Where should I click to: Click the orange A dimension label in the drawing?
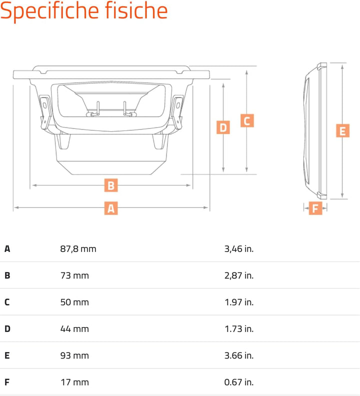coord(111,208)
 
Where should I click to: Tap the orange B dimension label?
coord(111,185)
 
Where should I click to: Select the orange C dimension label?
coord(247,120)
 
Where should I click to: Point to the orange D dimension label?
coord(223,127)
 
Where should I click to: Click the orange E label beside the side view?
coord(342,131)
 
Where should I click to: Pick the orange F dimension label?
coord(315,208)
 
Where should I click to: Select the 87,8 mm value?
coord(78,249)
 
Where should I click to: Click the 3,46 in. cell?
coord(239,249)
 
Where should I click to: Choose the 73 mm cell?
coord(75,275)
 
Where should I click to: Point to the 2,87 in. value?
coord(239,275)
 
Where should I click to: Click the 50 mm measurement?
coord(75,302)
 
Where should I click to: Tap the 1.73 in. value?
coord(239,329)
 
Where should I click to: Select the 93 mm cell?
coord(75,355)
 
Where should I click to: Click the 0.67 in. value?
coord(239,382)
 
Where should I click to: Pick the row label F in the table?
coord(7,382)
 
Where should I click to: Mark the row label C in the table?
coord(7,302)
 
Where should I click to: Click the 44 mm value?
coord(75,329)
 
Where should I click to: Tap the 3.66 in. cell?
coord(239,355)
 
